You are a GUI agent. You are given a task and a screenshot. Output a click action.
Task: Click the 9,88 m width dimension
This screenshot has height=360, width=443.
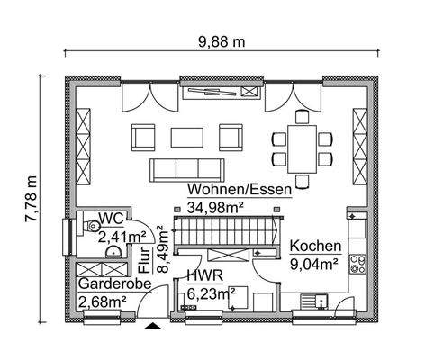221,41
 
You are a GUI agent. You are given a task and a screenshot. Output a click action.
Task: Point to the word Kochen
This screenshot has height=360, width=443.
315,246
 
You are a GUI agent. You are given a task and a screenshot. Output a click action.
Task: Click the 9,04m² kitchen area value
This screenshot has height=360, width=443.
313,264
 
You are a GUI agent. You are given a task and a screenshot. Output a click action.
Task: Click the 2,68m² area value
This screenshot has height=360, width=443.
102,301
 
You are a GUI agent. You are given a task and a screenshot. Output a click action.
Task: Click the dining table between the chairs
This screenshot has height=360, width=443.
303,147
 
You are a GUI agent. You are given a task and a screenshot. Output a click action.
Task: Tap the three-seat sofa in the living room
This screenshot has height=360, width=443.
187,167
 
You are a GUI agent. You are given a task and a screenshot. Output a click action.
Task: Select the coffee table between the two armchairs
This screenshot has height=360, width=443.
188,136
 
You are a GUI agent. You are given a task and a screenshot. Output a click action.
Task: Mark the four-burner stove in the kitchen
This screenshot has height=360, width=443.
359,264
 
